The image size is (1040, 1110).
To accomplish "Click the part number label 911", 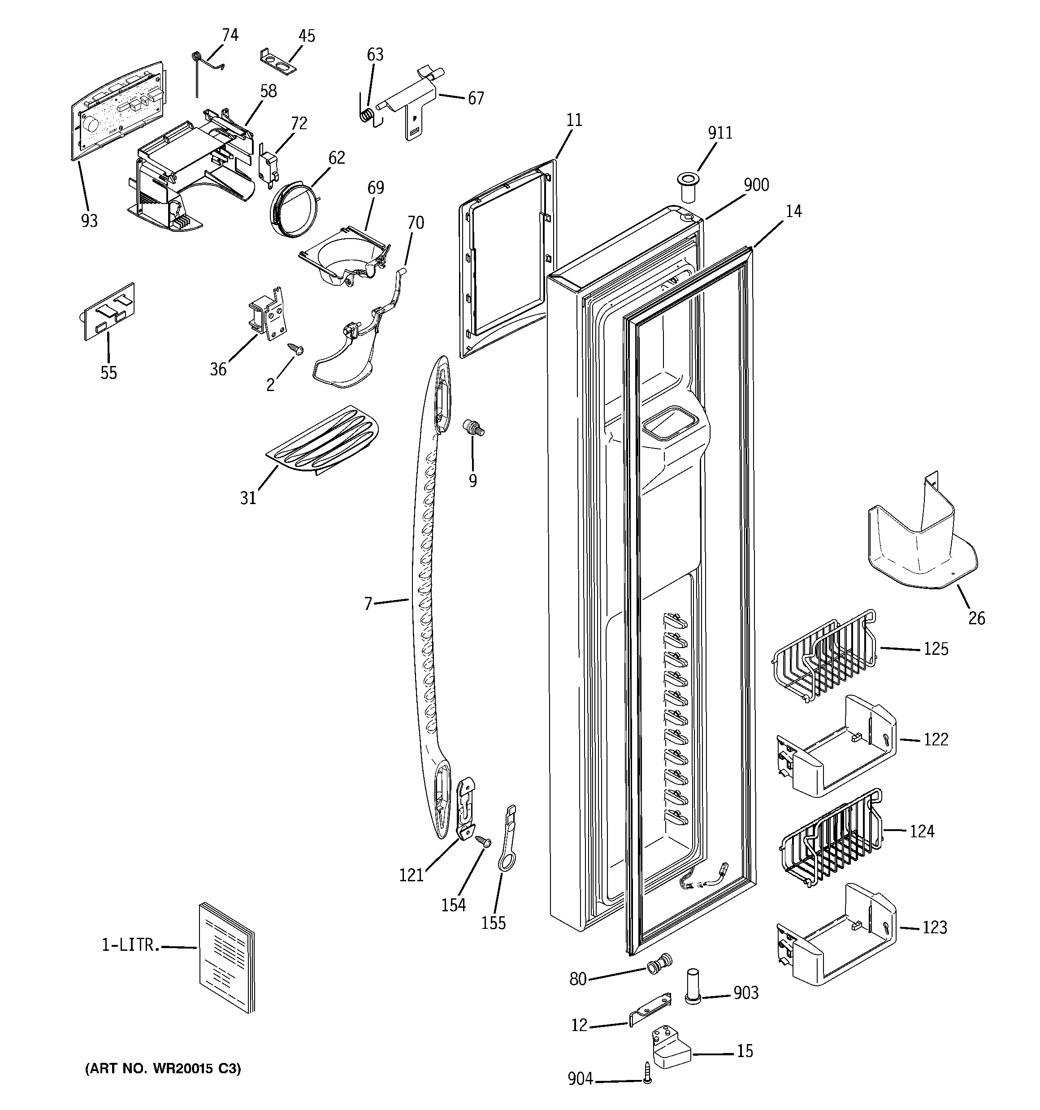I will click(719, 133).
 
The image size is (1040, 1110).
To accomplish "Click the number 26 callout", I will click(976, 618).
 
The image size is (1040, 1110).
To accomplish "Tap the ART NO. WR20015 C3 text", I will click(163, 1069).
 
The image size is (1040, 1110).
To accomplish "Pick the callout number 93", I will click(89, 221).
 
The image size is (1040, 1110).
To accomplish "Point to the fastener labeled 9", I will click(473, 429).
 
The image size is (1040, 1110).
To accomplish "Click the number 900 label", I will click(756, 185).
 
